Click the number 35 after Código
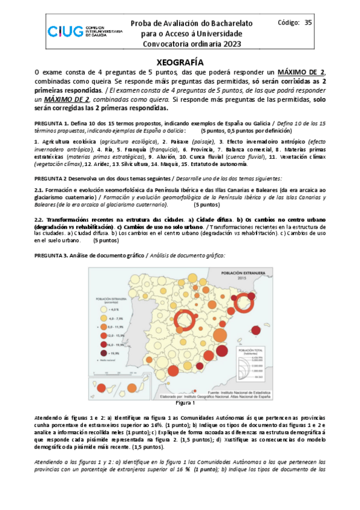[x=308, y=22]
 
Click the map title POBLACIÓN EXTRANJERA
[x=245, y=272]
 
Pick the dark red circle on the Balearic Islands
[x=256, y=330]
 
